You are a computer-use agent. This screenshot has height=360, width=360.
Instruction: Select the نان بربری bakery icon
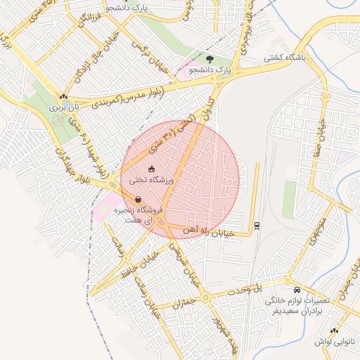(x=64, y=98)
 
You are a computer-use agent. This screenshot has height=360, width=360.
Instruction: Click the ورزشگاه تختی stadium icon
(x=151, y=169)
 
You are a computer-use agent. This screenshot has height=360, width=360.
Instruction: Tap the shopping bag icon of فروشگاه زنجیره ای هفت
(x=138, y=199)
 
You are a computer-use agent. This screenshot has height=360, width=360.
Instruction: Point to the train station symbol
(x=256, y=225)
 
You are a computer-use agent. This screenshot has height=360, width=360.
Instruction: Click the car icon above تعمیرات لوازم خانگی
(x=297, y=290)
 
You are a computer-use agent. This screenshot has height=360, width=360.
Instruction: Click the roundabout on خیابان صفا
(x=325, y=97)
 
